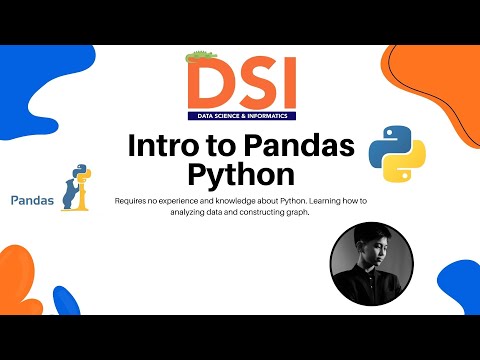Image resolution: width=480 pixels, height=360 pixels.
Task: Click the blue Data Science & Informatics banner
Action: [241, 115]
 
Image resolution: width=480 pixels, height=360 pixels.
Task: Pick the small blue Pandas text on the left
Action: [32, 199]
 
